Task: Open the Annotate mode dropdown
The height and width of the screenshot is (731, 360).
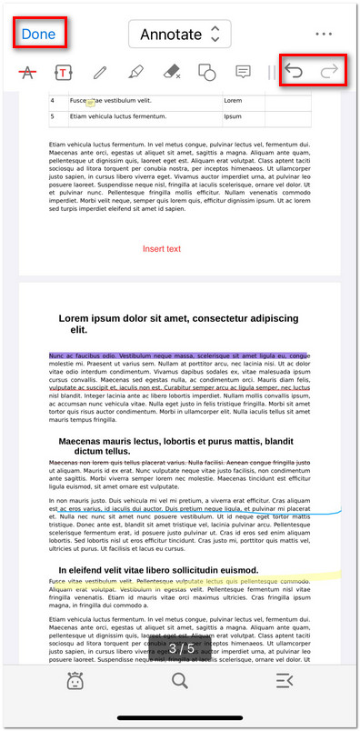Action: pos(179,35)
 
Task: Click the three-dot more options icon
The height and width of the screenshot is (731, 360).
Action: pos(324,35)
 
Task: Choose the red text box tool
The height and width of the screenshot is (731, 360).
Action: pos(64,72)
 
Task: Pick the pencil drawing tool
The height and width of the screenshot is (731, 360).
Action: pos(100,72)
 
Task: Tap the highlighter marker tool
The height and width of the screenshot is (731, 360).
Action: pos(135,72)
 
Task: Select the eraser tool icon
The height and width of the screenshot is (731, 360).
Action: pos(172,72)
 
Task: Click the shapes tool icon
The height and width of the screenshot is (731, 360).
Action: pos(207,72)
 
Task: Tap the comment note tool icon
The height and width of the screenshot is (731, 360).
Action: pos(243,72)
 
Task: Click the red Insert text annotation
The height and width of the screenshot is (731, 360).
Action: pos(162,248)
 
